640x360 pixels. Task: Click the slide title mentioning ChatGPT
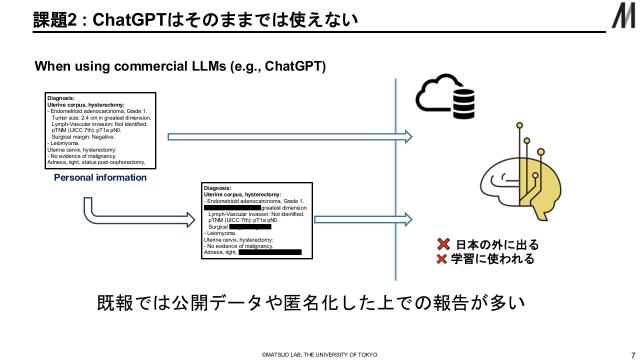pyautogui.click(x=191, y=20)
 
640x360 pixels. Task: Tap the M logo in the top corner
pyautogui.click(x=621, y=19)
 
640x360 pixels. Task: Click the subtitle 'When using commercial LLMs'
pyautogui.click(x=181, y=66)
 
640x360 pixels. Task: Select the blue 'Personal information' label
pyautogui.click(x=100, y=177)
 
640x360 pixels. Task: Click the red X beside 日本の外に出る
pyautogui.click(x=442, y=244)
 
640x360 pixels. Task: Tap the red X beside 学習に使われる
pyautogui.click(x=442, y=259)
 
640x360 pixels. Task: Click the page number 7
pyautogui.click(x=620, y=353)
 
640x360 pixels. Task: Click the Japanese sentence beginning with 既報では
pyautogui.click(x=310, y=302)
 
